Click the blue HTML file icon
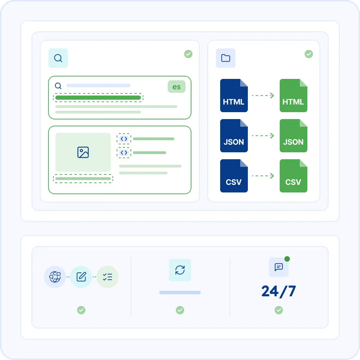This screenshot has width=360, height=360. pyautogui.click(x=234, y=96)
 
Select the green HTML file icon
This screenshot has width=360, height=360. pyautogui.click(x=294, y=96)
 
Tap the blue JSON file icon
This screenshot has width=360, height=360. pyautogui.click(x=234, y=136)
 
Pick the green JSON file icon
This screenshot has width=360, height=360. pyautogui.click(x=294, y=136)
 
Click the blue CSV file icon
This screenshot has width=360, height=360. pyautogui.click(x=234, y=176)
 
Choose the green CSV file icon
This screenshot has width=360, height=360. pyautogui.click(x=294, y=176)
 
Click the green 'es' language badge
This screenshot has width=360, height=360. pyautogui.click(x=177, y=87)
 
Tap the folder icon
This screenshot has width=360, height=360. pyautogui.click(x=226, y=58)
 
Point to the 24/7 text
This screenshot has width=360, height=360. pyautogui.click(x=279, y=291)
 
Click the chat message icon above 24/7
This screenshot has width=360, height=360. pyautogui.click(x=279, y=267)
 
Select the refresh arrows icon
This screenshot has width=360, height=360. pyautogui.click(x=180, y=270)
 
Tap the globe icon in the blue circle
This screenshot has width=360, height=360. pyautogui.click(x=55, y=277)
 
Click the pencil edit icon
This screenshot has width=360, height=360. pyautogui.click(x=81, y=277)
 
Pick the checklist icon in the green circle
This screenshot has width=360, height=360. pyautogui.click(x=107, y=277)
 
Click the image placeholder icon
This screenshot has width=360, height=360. pyautogui.click(x=83, y=152)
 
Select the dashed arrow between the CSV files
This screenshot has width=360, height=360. pyautogui.click(x=263, y=176)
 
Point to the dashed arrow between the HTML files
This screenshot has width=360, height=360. pyautogui.click(x=263, y=96)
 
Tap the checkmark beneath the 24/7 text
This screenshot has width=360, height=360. pyautogui.click(x=279, y=310)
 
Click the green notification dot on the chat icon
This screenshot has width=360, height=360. pyautogui.click(x=287, y=259)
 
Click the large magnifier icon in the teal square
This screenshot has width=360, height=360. pyautogui.click(x=58, y=58)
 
